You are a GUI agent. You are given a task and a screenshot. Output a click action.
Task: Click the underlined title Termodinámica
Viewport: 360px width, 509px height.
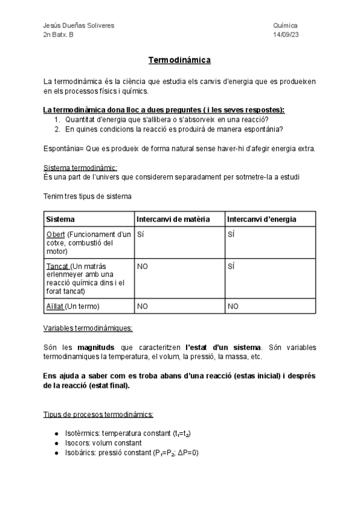(179, 61)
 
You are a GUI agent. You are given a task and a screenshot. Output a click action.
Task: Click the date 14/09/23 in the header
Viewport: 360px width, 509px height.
(285, 35)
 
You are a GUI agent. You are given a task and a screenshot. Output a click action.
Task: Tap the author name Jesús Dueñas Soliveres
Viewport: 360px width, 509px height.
(79, 26)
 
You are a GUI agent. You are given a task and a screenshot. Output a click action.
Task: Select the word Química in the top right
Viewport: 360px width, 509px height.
(285, 26)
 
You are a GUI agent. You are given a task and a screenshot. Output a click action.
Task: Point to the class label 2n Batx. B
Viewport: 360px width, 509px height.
(59, 35)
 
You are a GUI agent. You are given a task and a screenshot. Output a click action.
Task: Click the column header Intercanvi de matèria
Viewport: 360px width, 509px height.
(173, 219)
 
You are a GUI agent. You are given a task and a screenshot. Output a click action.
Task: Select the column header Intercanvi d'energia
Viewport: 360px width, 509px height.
(262, 219)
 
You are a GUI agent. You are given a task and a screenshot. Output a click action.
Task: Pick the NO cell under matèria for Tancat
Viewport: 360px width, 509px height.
(143, 265)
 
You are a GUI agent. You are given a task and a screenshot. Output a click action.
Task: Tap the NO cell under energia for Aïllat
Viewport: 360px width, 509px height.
(233, 306)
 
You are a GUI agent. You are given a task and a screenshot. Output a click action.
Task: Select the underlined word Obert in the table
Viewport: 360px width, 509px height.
(56, 234)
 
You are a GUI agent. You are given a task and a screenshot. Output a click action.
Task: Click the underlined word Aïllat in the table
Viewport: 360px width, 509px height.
(55, 306)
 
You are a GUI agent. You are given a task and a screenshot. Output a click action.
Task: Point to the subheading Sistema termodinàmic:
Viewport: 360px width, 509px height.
(80, 167)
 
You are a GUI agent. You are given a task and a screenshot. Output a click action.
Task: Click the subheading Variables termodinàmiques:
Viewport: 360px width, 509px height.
(88, 328)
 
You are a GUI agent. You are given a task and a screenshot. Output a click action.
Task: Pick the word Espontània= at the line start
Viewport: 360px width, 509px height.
(64, 148)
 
